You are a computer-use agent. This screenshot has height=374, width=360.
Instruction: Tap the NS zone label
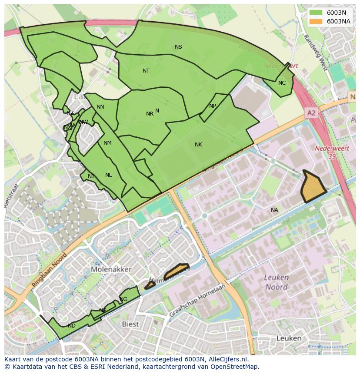tap(178, 47)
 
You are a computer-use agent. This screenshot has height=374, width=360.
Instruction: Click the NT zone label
tap(146, 70)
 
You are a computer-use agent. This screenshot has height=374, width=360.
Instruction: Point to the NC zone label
tap(282, 83)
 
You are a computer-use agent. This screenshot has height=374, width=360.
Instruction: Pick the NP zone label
tap(213, 106)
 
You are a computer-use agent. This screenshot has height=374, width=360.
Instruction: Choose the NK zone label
tap(198, 145)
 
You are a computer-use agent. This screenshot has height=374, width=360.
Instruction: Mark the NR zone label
tap(150, 114)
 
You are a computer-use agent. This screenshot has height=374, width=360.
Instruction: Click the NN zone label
tap(100, 107)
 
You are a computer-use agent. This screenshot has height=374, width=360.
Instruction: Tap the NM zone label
tap(107, 143)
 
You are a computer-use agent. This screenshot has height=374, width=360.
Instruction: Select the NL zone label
tap(108, 175)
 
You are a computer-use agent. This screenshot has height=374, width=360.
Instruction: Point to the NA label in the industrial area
tap(274, 210)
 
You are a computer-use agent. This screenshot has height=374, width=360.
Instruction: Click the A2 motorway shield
tap(311, 113)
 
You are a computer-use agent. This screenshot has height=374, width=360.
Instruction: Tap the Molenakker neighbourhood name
tap(111, 269)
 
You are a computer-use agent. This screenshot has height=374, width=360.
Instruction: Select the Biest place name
tap(130, 324)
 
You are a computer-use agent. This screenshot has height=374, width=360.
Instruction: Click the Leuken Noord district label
tap(276, 282)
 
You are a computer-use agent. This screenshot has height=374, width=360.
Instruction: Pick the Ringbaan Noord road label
tap(51, 271)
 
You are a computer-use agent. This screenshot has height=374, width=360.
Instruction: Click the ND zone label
tap(72, 326)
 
